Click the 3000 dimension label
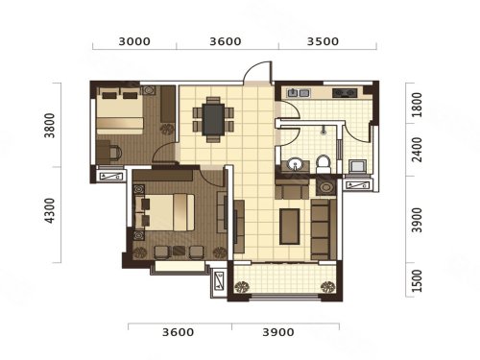(x=134, y=41)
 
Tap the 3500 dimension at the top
(x=323, y=41)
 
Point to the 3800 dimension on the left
(x=50, y=125)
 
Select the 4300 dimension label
(x=50, y=210)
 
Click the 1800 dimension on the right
(x=417, y=105)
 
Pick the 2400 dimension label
(x=417, y=150)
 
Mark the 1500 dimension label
(x=417, y=280)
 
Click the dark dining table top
(x=213, y=120)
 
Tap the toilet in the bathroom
(x=324, y=164)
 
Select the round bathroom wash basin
(x=295, y=164)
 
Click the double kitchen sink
(x=299, y=93)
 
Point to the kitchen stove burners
(x=345, y=93)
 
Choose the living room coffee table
(x=290, y=227)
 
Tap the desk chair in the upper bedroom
(x=115, y=153)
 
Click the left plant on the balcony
(x=242, y=286)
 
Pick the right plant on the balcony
(x=327, y=286)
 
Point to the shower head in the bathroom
(x=324, y=130)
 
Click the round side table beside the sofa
(x=326, y=187)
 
